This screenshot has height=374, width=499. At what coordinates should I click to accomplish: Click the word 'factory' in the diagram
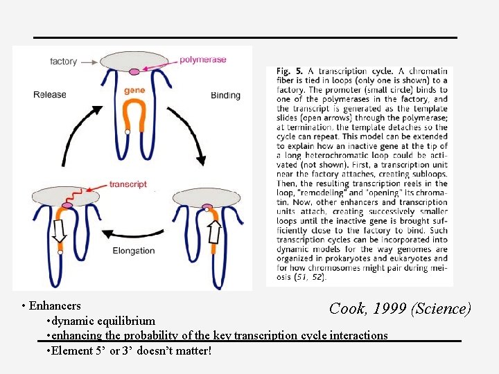(63, 62)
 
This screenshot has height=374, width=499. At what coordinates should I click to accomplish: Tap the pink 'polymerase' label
(202, 60)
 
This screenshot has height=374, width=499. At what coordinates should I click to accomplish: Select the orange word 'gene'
(134, 91)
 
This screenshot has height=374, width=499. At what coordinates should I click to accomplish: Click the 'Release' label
(50, 95)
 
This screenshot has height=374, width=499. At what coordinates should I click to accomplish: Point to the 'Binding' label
(225, 95)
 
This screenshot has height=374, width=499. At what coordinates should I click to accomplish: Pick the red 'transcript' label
(128, 185)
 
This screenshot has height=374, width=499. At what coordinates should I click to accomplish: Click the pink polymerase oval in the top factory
(134, 71)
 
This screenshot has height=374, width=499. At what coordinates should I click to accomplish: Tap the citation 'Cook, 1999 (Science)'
(400, 308)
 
